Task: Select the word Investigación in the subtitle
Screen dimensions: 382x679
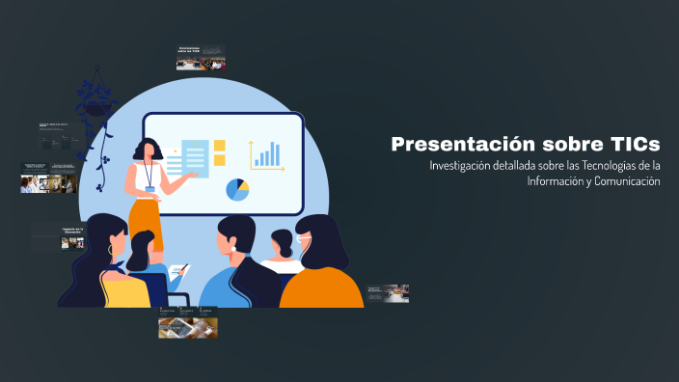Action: [x=464, y=166]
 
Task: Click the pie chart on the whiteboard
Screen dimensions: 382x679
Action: [x=237, y=189]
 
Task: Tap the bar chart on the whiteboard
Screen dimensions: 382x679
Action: [x=267, y=154]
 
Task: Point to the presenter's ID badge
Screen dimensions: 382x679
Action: [x=149, y=177]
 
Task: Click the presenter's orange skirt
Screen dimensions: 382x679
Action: [x=147, y=220]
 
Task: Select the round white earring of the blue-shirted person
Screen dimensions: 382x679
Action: [x=233, y=249]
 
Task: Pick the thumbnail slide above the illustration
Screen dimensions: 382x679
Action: [x=201, y=57]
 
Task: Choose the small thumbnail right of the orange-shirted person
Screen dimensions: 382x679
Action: [x=388, y=292]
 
